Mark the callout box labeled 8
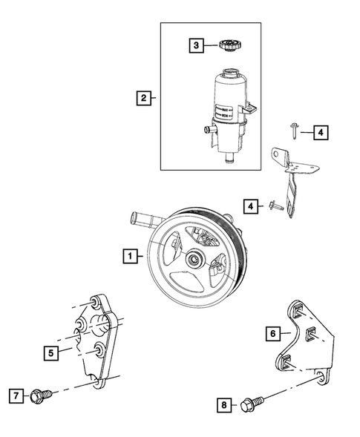coord(221,404)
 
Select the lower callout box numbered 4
coord(252,204)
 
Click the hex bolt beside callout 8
coord(249,405)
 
